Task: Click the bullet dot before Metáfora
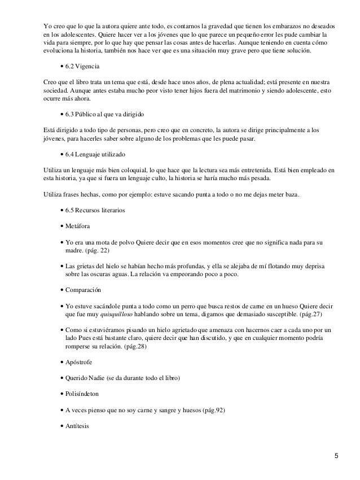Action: click(x=60, y=227)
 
